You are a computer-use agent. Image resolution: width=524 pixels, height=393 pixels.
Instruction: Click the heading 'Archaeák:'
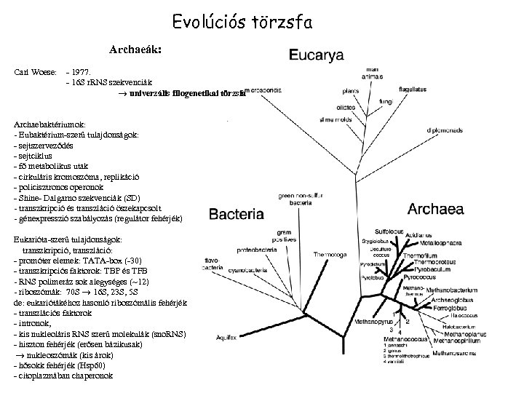tap(135, 51)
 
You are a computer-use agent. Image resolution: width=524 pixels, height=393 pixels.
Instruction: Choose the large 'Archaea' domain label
tap(436, 209)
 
